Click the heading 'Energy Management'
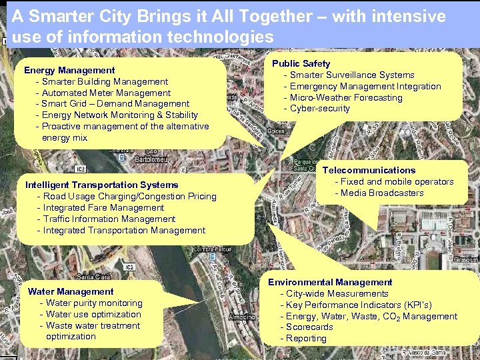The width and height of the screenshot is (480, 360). tap(69, 70)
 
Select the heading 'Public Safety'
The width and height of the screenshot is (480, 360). tap(301, 63)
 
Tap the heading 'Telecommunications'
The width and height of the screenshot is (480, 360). tap(369, 170)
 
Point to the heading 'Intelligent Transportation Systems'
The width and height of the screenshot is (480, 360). tap(101, 185)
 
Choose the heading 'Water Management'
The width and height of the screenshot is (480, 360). tap(71, 291)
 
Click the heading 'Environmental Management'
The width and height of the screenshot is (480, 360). tap(330, 282)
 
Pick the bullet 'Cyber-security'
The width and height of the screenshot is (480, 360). tap(320, 109)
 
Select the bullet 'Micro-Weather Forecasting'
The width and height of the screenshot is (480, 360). tap(346, 97)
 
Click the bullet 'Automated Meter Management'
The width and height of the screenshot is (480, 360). tap(106, 93)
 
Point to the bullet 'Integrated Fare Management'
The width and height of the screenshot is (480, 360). tap(103, 207)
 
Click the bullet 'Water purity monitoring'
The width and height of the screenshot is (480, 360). tap(94, 303)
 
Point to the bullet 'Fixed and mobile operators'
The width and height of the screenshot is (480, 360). tap(397, 181)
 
